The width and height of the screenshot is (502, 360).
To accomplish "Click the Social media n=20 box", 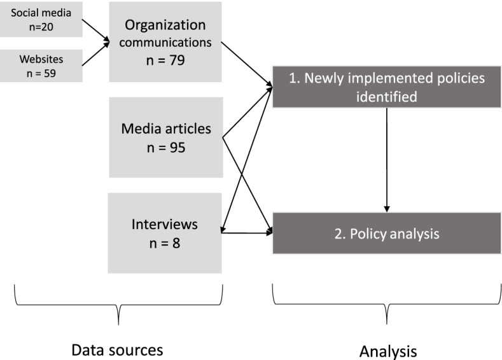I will click(41, 18).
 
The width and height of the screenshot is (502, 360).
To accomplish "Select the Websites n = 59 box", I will click(41, 66).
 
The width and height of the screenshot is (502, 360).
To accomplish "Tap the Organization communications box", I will click(165, 41).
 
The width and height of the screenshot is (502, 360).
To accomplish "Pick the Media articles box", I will click(165, 137).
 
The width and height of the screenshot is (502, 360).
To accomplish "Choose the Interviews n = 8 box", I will click(165, 233).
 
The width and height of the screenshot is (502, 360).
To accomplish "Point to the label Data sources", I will click(117, 350).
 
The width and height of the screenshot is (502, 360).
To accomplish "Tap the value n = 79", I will click(165, 62).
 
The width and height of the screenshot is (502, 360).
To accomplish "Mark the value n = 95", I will click(165, 148).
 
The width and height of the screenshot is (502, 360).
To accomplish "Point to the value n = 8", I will click(165, 242).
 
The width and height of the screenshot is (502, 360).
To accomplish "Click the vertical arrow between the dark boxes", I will click(387, 159).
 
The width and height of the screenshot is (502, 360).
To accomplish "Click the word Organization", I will click(165, 26).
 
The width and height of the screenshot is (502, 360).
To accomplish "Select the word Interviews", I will click(165, 224).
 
